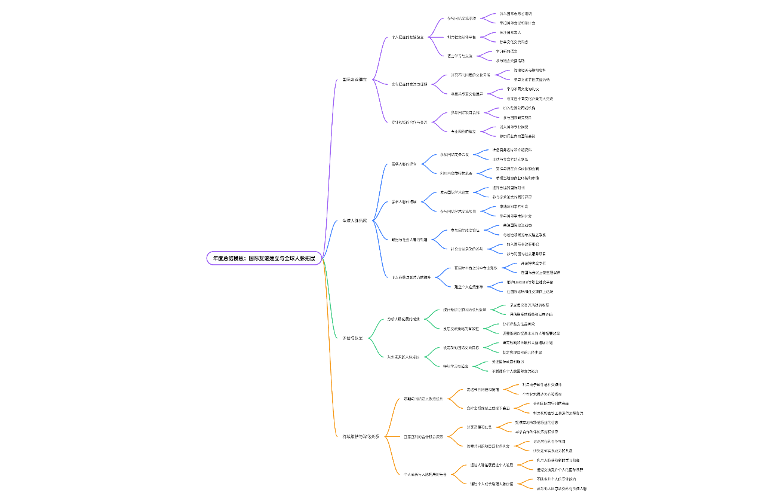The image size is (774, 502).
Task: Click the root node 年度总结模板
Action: click(x=264, y=258)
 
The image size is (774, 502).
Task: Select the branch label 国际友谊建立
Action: click(x=354, y=79)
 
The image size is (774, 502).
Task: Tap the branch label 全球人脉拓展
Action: click(x=354, y=221)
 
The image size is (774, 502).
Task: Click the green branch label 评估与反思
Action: click(x=352, y=338)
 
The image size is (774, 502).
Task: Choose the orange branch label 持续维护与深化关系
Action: click(x=360, y=437)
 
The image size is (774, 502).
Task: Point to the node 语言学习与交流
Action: click(x=460, y=56)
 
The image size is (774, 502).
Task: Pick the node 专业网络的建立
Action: click(x=463, y=131)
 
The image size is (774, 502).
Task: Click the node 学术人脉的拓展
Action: click(x=404, y=202)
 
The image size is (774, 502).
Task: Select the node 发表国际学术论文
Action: click(x=455, y=192)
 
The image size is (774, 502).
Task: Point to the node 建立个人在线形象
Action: click(x=468, y=287)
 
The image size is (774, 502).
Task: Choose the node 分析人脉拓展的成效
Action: click(x=403, y=319)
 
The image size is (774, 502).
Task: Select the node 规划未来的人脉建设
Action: click(x=403, y=357)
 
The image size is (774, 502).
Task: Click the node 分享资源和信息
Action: click(x=479, y=427)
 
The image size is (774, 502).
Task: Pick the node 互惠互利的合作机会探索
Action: click(x=423, y=437)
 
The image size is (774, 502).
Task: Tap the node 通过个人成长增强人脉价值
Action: click(x=492, y=483)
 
